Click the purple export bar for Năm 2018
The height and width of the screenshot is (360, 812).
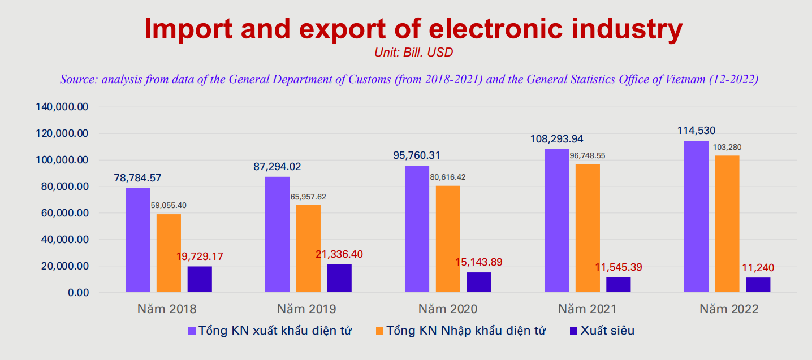[x=137, y=240]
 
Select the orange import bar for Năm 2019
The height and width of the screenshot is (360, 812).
[x=308, y=249]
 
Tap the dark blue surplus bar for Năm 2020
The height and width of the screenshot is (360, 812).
[x=478, y=283]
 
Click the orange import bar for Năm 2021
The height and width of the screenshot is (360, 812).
[x=588, y=228]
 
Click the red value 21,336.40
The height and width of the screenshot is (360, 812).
[x=339, y=254]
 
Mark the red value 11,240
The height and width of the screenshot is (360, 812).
[x=758, y=268]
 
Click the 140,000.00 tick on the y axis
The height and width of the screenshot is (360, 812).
[x=62, y=107]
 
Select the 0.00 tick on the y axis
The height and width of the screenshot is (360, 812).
[x=79, y=293]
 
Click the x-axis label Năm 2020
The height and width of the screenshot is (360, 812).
[x=448, y=309]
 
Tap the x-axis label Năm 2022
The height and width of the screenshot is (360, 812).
[x=728, y=309]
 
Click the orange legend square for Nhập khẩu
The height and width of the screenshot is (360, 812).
[x=379, y=331]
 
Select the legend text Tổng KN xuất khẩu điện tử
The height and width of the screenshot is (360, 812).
[x=275, y=331]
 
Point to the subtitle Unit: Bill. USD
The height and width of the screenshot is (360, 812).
[x=413, y=53]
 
